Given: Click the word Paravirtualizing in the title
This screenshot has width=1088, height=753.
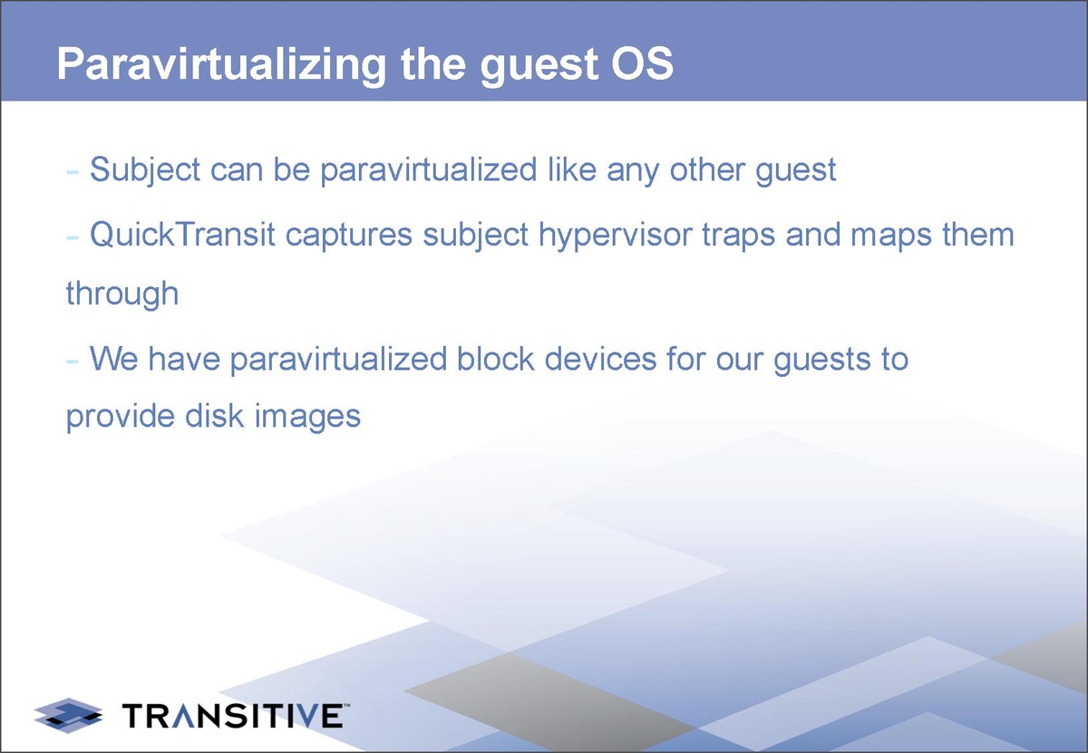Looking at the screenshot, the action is [221, 65].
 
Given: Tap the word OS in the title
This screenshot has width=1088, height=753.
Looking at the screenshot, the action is [642, 63].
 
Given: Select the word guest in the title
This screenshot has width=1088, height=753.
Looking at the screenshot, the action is [539, 67].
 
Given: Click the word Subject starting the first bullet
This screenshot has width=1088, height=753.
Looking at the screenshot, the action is [145, 171].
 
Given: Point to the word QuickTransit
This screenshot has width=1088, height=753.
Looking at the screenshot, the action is [182, 235].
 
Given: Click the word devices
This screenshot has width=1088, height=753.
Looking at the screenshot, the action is [600, 359].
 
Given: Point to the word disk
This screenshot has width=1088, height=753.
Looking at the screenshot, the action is [214, 416].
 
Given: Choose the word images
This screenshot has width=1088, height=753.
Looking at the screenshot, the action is [307, 418].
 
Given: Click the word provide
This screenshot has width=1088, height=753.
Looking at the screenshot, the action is [121, 418].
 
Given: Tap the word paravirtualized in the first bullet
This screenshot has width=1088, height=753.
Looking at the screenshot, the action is [428, 171].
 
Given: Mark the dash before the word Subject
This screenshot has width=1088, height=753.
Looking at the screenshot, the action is [73, 171].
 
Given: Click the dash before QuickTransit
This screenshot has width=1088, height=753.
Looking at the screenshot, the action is [73, 237].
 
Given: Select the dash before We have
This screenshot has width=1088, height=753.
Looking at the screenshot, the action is [73, 361].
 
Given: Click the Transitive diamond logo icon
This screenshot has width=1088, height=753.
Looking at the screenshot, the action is [68, 715].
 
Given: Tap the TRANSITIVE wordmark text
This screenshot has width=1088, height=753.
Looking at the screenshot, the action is [233, 716].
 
